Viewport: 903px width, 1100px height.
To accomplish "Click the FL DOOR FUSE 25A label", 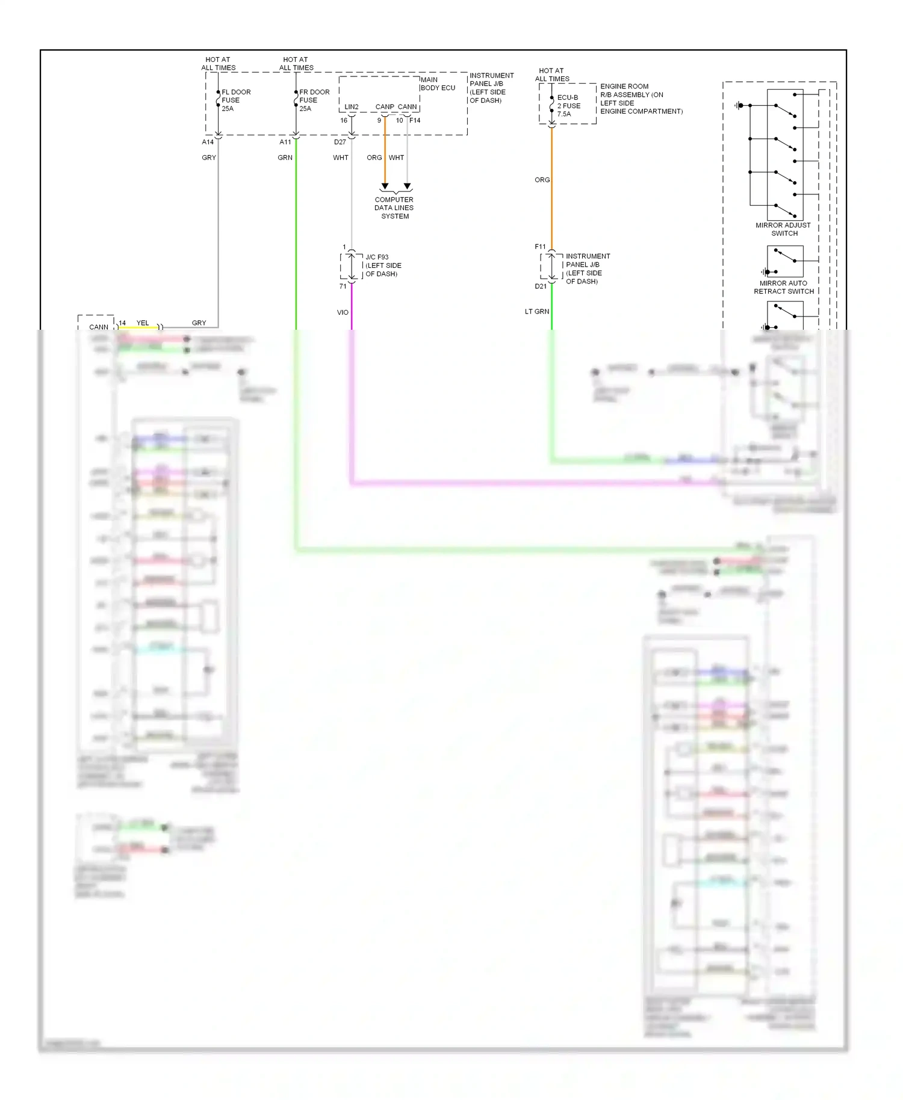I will tap(235, 100).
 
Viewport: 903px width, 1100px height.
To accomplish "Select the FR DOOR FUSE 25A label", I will tap(314, 100).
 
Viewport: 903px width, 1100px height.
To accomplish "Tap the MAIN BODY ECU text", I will tap(438, 84).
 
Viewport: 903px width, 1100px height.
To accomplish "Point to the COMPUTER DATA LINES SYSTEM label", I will tap(394, 208).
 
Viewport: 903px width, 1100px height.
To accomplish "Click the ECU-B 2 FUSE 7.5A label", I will tap(568, 105).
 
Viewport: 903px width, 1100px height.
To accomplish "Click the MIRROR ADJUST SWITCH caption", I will tap(783, 229).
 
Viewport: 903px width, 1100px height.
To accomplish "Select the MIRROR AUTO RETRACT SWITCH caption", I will tap(783, 287).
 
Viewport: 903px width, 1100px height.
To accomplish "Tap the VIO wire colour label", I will tap(343, 312).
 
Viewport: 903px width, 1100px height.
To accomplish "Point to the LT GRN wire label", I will tap(536, 312).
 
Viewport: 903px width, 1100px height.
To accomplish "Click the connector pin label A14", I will tap(208, 142).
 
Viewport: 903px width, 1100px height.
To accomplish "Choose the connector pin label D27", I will tap(340, 142).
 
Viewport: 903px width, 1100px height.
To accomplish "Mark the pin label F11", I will tap(540, 247).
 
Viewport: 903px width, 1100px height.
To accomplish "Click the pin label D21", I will tap(541, 286).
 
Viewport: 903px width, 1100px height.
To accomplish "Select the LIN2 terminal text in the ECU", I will tap(352, 107).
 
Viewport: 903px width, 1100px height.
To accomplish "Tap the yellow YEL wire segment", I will tap(138, 327).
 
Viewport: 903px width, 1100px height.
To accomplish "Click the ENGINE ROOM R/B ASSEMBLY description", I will tap(641, 99).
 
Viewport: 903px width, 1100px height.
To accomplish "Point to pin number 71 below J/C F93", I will tap(343, 286).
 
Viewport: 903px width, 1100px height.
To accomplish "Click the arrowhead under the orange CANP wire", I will tap(385, 187).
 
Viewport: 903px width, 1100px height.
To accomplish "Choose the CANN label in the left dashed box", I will tap(99, 327).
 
